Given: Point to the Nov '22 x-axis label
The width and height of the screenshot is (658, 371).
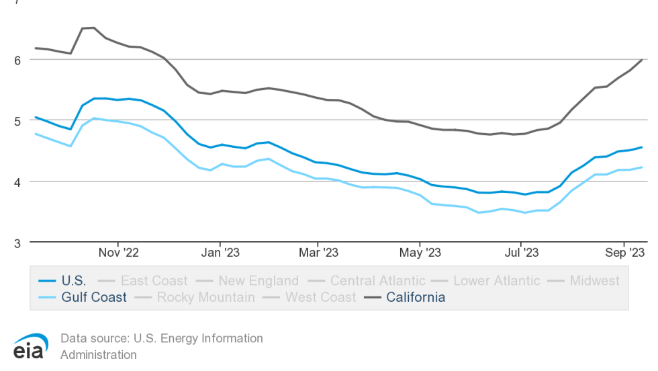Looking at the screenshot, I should point(118,253).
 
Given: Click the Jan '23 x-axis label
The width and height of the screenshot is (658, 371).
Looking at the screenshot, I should point(220,253).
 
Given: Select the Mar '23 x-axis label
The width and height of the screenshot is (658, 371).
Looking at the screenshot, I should point(318,253).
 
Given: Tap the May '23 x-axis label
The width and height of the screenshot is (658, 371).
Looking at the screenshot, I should point(420,253).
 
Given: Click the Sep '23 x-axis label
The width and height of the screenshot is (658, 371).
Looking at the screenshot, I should point(624,253).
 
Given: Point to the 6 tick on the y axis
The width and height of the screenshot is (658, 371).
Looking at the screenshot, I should point(17,59).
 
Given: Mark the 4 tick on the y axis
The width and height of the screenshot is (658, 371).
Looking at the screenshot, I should point(17,181).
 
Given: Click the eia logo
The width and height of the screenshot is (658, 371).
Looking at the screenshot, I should point(30,347).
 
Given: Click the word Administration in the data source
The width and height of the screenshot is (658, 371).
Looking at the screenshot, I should point(98,355).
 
